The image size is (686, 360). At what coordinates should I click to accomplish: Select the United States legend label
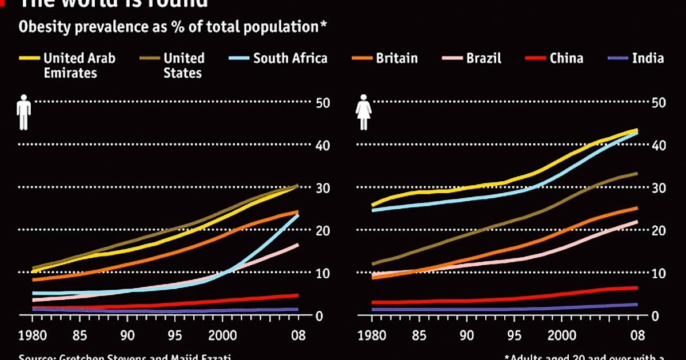(x=184, y=65)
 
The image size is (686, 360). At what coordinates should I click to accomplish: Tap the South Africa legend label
(x=290, y=58)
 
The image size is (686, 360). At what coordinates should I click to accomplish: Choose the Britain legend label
(x=396, y=58)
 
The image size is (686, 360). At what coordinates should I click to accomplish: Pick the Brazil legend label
(x=483, y=58)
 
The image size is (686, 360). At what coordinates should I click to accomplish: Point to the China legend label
(x=566, y=58)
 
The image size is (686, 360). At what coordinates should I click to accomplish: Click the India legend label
(x=648, y=58)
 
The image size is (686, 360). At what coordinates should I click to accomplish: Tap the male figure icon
(x=23, y=113)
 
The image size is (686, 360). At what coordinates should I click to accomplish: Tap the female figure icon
(x=364, y=113)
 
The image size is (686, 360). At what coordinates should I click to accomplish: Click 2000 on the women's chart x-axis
(x=563, y=334)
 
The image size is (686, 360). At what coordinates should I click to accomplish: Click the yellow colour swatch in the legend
(x=29, y=58)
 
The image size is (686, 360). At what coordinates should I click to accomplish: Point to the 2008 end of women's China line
(x=637, y=288)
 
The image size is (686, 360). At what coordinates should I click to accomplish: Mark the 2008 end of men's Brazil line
(x=298, y=245)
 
